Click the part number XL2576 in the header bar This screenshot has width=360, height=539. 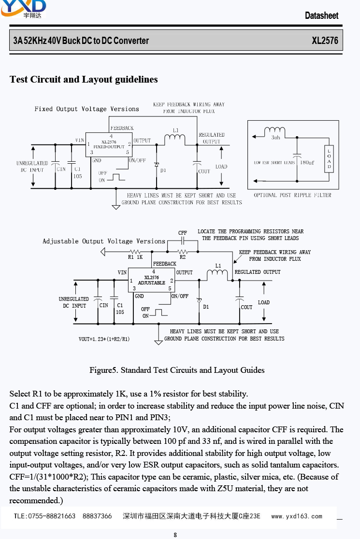[325, 41]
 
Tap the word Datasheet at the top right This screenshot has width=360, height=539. [321, 15]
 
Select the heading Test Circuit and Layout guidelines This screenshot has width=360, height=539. [84, 79]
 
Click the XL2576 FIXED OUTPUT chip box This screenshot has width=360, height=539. [109, 145]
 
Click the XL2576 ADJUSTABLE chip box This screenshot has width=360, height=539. [152, 280]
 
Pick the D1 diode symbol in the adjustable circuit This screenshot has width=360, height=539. [199, 300]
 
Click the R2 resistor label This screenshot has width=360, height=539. [183, 257]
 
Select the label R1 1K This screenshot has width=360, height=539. [135, 257]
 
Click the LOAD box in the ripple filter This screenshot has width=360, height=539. [329, 159]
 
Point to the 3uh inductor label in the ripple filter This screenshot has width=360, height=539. [275, 138]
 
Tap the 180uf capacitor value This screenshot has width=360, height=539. [307, 163]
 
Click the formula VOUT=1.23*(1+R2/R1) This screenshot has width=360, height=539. [104, 339]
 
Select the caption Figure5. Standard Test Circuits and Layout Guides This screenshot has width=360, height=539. [177, 370]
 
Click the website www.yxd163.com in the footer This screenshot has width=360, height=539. [297, 516]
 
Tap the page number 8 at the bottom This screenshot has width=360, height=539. [175, 535]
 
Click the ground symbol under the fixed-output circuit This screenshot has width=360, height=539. [116, 207]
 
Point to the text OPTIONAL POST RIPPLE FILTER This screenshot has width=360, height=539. [293, 195]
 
